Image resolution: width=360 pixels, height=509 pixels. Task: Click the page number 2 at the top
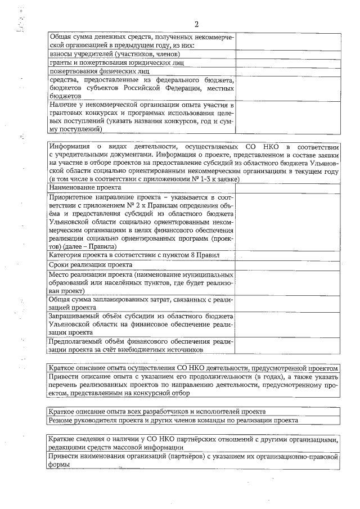click(196, 24)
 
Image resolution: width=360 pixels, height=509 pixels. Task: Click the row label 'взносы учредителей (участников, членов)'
click(115, 54)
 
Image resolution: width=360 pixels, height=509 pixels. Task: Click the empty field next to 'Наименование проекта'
click(287, 187)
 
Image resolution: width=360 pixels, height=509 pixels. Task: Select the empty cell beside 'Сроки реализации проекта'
click(287, 264)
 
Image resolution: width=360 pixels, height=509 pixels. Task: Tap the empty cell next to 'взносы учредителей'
click(287, 54)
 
